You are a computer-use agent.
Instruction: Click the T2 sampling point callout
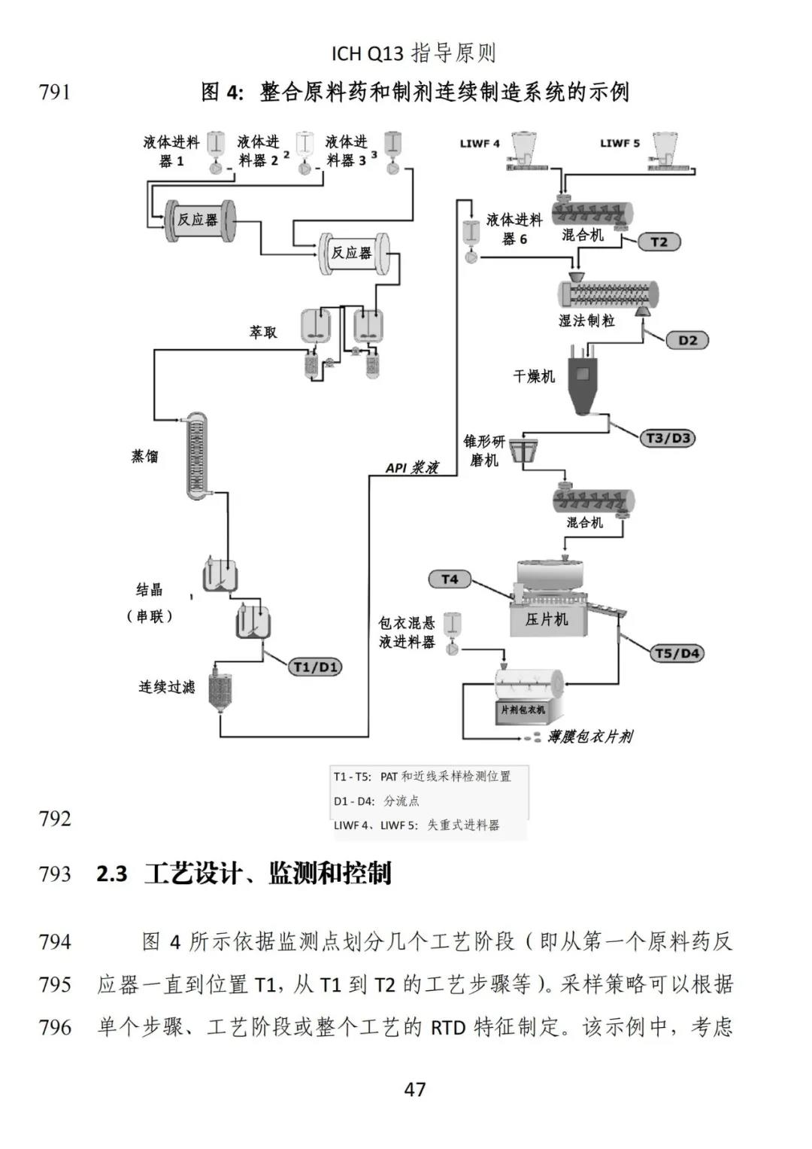[x=659, y=242]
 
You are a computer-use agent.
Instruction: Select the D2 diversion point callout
[x=687, y=340]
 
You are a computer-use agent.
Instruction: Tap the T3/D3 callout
[x=668, y=438]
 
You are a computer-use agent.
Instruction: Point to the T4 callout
[x=450, y=579]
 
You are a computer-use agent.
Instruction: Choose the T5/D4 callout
[x=677, y=653]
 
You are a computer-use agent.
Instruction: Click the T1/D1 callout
[x=316, y=667]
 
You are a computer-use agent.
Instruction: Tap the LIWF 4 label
[x=480, y=143]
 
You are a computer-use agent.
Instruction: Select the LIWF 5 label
[x=620, y=143]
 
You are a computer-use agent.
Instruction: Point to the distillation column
[x=197, y=455]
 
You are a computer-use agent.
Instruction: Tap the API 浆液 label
[x=412, y=468]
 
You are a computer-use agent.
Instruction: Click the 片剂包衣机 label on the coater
[x=523, y=710]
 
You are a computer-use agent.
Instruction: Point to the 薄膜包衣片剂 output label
[x=589, y=737]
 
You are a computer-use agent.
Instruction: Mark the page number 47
[x=415, y=1089]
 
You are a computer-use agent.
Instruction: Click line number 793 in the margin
[x=55, y=874]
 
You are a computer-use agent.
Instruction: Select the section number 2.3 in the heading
[x=112, y=874]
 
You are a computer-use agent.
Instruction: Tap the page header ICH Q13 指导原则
[x=414, y=53]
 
